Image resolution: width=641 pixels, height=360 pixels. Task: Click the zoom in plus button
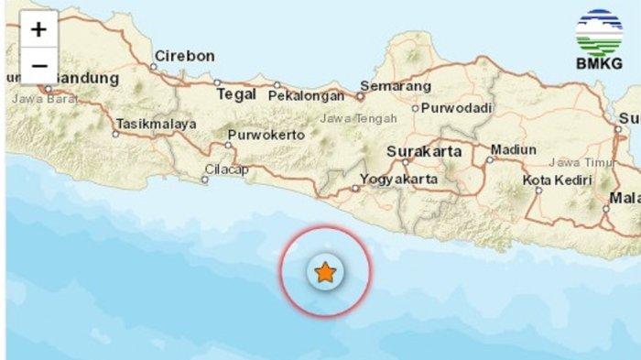point(38,29)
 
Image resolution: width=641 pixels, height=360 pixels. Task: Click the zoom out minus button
point(38,66)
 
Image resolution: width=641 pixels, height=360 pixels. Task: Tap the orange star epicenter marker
point(324,272)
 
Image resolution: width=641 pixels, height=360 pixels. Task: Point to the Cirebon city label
point(184,56)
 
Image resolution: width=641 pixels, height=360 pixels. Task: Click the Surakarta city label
point(424,151)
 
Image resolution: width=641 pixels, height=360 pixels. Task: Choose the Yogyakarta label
point(399,179)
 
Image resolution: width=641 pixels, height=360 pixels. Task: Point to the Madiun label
point(514,149)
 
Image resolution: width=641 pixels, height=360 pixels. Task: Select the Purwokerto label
point(266,135)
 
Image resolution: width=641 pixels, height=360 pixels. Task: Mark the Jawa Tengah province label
point(359,118)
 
